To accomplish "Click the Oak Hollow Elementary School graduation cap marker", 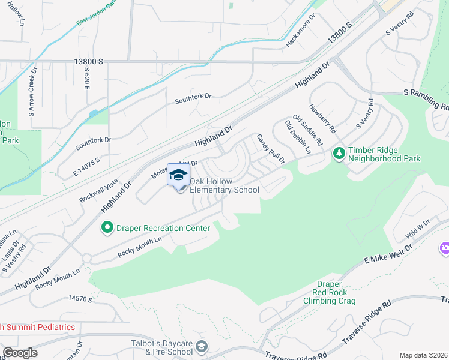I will pos(178,175).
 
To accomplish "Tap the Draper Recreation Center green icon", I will pos(107,227).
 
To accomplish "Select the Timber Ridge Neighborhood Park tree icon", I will pos(339,154).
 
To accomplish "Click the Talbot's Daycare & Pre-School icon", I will pos(203,346).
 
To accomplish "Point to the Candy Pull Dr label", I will pos(270,149).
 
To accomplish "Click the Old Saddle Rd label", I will pos(307,131).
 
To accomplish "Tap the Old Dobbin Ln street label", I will pos(298,137).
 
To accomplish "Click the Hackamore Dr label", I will pos(301,32).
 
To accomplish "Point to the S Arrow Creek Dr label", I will pos(32,91).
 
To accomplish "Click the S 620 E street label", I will pos(88,78).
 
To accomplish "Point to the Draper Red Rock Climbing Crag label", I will pos(330,292).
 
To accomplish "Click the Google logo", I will pos(19,353).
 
